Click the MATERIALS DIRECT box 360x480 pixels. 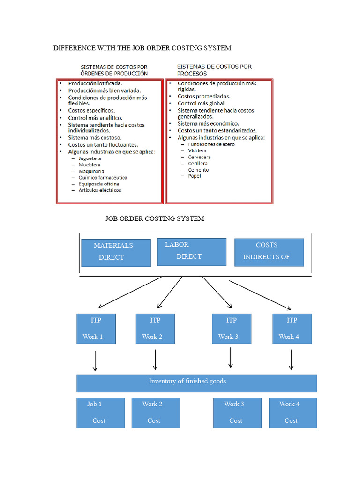click(x=116, y=253)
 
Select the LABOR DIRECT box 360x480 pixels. click(x=191, y=252)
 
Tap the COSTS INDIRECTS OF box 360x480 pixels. click(x=269, y=252)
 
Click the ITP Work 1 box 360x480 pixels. click(x=96, y=329)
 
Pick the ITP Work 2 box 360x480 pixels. click(x=155, y=329)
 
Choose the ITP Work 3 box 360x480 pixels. click(x=231, y=329)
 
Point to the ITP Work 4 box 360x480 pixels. click(x=292, y=329)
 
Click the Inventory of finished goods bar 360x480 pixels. click(x=196, y=383)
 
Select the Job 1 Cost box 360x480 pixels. click(x=100, y=412)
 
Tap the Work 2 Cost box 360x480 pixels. click(x=155, y=412)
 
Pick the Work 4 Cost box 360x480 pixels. click(x=292, y=412)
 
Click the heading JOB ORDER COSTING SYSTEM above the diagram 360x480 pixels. click(x=155, y=219)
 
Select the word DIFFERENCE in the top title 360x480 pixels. click(x=74, y=48)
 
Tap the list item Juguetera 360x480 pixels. click(x=90, y=158)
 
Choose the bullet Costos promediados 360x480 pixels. click(x=204, y=96)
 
